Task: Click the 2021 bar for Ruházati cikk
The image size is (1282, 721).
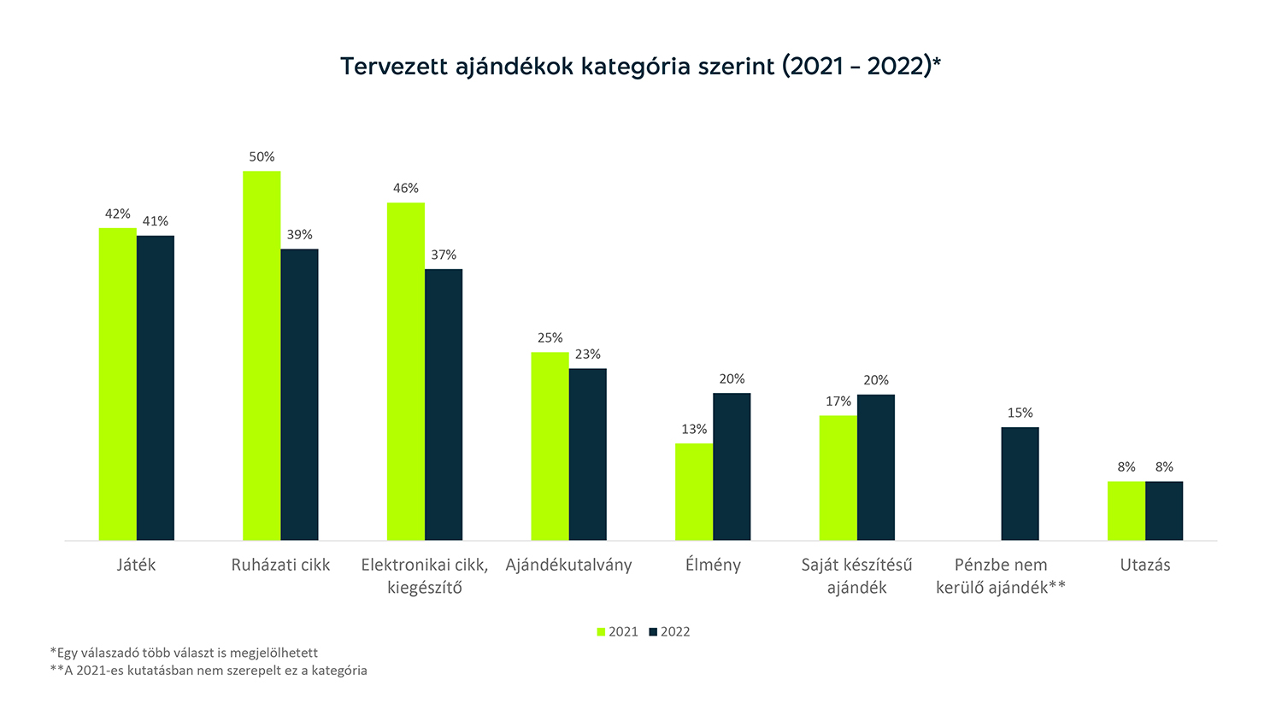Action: click(x=262, y=355)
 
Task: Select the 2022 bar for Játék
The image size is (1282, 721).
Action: click(x=156, y=388)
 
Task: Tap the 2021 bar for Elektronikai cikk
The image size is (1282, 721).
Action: click(x=406, y=371)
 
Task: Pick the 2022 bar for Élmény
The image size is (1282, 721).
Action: click(x=732, y=466)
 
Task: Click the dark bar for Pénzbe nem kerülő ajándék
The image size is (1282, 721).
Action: click(x=1020, y=484)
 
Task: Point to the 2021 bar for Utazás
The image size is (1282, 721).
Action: click(x=1126, y=511)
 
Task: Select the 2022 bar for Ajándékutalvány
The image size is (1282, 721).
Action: click(x=587, y=454)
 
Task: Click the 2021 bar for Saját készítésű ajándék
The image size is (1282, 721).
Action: click(x=838, y=478)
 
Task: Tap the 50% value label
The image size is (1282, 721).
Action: click(x=262, y=157)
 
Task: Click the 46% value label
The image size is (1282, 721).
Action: click(x=406, y=189)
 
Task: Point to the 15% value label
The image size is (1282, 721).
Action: click(x=1020, y=413)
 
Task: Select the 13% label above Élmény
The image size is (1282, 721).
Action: click(x=694, y=430)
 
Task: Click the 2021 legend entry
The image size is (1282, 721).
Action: click(x=617, y=632)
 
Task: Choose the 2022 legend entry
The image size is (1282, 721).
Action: click(x=669, y=632)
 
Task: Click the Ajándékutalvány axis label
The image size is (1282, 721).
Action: click(x=568, y=566)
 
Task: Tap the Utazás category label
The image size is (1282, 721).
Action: click(x=1145, y=566)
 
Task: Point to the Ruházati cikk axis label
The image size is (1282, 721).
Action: click(x=280, y=566)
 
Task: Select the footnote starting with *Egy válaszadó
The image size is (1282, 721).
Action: click(x=184, y=653)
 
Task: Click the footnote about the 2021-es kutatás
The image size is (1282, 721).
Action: click(x=209, y=671)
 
